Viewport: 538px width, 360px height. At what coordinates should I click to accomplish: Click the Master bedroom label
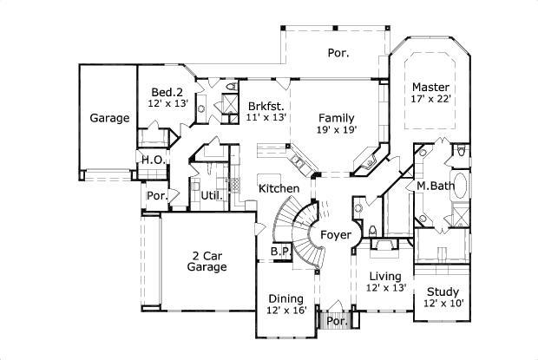[430, 87]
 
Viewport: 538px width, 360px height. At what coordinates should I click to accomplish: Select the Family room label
[336, 117]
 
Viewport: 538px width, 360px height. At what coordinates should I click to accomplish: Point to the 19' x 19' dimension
[336, 130]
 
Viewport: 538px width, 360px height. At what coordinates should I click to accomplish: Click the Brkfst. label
[266, 103]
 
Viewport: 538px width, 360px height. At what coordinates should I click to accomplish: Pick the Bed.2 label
[166, 92]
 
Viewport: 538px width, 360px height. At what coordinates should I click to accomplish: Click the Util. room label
[212, 195]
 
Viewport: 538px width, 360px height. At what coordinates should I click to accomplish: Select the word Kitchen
[279, 188]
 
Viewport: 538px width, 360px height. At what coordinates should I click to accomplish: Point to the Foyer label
[336, 235]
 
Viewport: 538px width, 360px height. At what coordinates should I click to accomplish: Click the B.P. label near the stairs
[279, 251]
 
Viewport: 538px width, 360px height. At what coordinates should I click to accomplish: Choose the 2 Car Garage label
[209, 261]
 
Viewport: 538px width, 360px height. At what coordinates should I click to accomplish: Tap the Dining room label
[286, 297]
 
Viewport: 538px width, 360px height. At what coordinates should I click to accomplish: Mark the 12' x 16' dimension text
[286, 310]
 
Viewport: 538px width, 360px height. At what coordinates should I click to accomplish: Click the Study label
[443, 291]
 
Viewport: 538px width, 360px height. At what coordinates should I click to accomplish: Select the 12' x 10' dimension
[443, 304]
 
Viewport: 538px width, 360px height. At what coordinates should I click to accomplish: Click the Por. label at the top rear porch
[338, 53]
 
